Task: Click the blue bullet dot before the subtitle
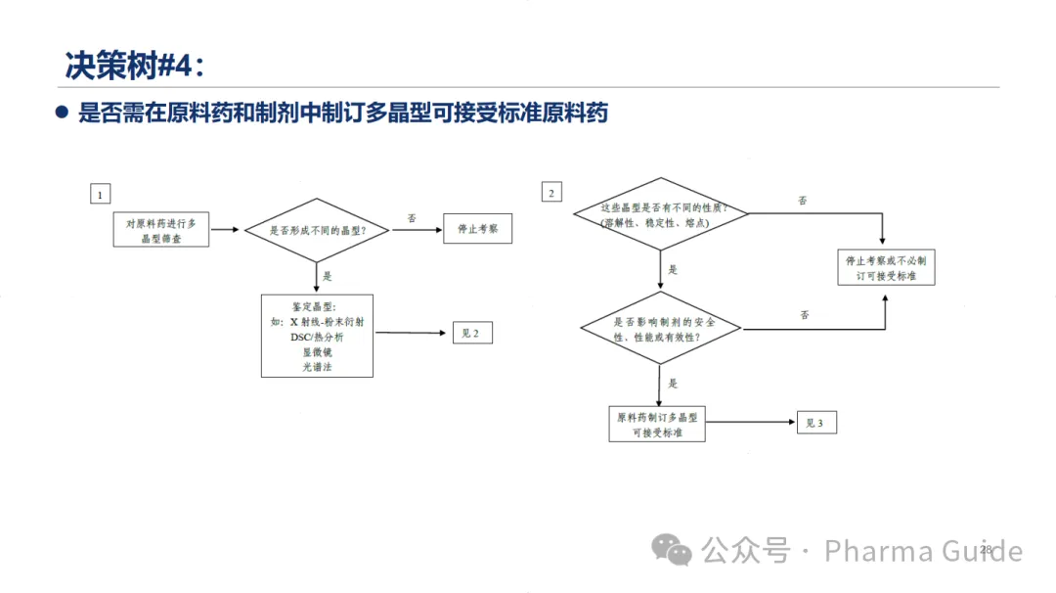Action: coord(62,114)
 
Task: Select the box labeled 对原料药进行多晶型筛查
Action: coord(161,230)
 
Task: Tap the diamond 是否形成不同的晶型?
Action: coord(317,230)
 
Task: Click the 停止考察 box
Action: coord(477,229)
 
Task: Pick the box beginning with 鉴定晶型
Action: coord(317,336)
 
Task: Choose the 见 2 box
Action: coord(471,333)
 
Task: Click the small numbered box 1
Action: coord(99,194)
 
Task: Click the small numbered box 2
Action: coord(551,193)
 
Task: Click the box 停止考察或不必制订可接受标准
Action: coord(886,268)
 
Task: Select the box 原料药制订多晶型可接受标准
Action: coord(657,424)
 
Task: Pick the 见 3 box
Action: coord(815,423)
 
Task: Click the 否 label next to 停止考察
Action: coord(412,217)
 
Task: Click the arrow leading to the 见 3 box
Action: coord(749,423)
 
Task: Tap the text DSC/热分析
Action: coord(317,337)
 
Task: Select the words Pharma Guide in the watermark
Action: coord(923,551)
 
